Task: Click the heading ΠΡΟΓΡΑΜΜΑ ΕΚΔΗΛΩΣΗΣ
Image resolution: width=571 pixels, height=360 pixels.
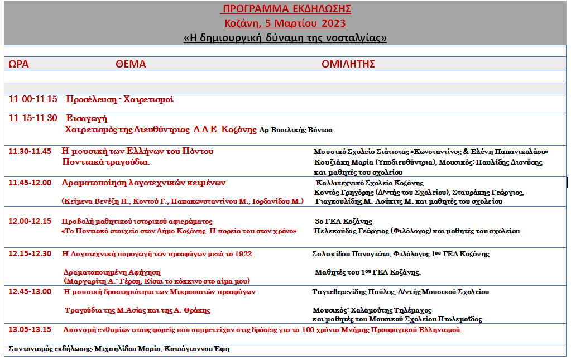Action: pos(286,9)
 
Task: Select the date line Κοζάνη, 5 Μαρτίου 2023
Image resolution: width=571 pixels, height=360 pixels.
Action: pos(285,23)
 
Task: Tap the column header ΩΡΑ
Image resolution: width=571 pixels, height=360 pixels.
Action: pos(18,64)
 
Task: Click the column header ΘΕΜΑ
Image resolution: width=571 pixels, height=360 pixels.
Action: pos(131,64)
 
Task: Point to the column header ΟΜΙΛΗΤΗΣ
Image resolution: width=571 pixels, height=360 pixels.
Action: pos(348,64)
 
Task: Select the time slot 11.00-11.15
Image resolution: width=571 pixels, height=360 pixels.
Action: pos(33,100)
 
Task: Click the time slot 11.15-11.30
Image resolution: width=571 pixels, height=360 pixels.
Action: pos(33,118)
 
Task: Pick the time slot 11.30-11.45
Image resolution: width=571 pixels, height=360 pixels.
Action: pos(30,151)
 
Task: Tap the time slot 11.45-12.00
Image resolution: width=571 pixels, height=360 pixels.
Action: pos(30,183)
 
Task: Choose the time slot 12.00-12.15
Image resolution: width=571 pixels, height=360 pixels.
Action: pos(30,222)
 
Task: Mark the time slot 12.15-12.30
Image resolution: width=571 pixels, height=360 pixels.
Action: pos(30,254)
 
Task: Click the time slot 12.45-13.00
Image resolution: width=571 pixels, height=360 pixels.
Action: pos(30,292)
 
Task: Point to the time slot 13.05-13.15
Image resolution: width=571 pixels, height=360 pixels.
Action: pos(30,329)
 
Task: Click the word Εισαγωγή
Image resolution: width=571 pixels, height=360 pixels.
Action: pos(87,118)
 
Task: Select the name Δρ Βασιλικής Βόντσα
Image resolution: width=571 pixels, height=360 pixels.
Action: pos(296,130)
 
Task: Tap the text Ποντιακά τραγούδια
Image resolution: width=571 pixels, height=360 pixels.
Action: pos(105,162)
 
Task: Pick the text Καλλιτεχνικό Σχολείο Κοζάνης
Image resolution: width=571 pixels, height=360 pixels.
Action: pos(370,183)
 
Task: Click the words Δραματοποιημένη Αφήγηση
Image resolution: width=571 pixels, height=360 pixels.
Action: pos(104,272)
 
